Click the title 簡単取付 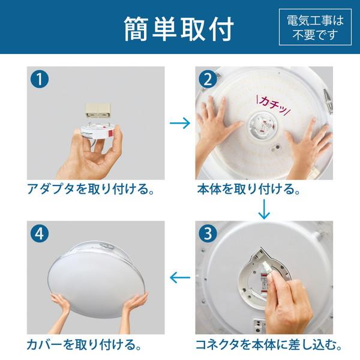click(178, 28)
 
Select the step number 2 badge click(208, 79)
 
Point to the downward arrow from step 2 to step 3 click(263, 209)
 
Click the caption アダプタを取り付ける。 click(91, 190)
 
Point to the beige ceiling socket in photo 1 click(97, 109)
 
